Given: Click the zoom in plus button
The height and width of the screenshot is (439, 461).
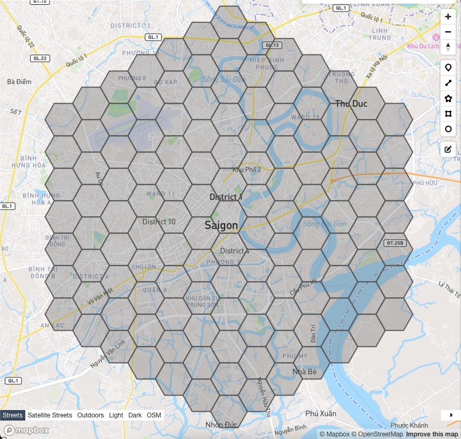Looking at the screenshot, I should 448,17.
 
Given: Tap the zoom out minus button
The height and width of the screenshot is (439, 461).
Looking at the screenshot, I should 448,32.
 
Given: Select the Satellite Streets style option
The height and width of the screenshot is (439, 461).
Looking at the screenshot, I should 50,415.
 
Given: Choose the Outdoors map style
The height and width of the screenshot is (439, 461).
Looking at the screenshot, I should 91,415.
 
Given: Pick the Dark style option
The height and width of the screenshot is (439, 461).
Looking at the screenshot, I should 135,415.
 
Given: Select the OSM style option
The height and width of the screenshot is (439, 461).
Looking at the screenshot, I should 154,415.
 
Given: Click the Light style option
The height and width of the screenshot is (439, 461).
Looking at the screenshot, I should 116,415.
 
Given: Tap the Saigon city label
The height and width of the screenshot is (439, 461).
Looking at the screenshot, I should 221,225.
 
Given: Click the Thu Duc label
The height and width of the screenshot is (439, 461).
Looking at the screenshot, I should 351,104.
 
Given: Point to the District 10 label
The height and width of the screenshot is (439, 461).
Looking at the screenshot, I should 159,222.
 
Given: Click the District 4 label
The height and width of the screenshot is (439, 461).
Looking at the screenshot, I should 235,251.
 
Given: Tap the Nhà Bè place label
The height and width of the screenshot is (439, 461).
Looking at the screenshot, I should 305,372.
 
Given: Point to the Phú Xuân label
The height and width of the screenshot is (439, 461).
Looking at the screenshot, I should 320,414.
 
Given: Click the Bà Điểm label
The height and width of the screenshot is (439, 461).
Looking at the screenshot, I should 19,82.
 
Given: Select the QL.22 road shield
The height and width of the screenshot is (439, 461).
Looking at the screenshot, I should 39,58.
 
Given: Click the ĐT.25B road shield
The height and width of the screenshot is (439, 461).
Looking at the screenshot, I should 394,243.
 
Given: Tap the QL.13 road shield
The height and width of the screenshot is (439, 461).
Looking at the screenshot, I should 272,45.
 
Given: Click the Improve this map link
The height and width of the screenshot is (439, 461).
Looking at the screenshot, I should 432,434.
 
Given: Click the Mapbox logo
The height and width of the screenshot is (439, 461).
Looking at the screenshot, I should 27,431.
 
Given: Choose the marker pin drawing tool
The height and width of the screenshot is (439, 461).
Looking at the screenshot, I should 448,67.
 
